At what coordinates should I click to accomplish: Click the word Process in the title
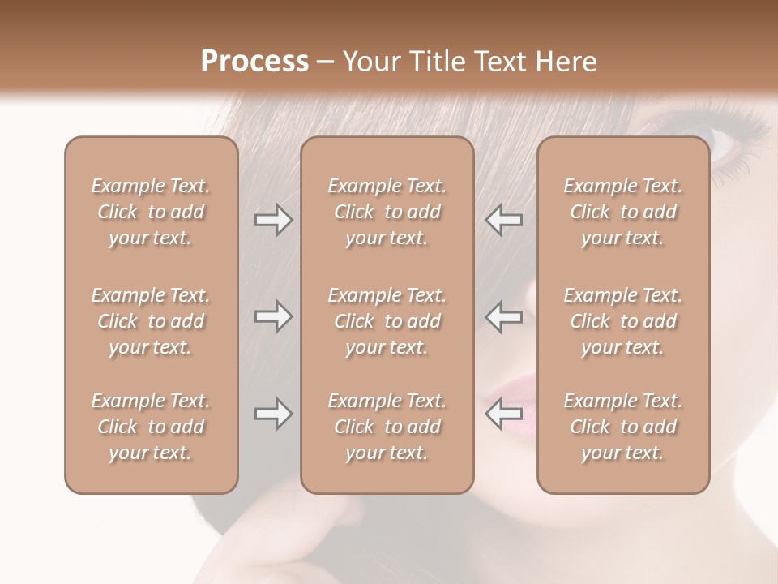pyautogui.click(x=254, y=62)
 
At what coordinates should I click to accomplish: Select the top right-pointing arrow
pyautogui.click(x=273, y=220)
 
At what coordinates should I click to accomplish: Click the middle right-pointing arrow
pyautogui.click(x=273, y=316)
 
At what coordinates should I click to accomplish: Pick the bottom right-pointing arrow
pyautogui.click(x=273, y=414)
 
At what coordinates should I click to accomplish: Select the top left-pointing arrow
pyautogui.click(x=503, y=220)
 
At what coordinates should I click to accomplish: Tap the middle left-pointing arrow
pyautogui.click(x=503, y=316)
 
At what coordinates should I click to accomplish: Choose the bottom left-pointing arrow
pyautogui.click(x=503, y=414)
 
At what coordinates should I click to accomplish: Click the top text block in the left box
pyautogui.click(x=151, y=212)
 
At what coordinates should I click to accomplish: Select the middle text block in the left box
pyautogui.click(x=151, y=321)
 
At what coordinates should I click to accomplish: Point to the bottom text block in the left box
pyautogui.click(x=151, y=427)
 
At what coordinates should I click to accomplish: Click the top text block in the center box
pyautogui.click(x=387, y=212)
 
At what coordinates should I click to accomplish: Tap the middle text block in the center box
pyautogui.click(x=387, y=321)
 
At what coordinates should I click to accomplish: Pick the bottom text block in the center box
pyautogui.click(x=387, y=427)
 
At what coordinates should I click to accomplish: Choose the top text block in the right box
pyautogui.click(x=622, y=212)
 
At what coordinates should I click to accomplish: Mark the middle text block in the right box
pyautogui.click(x=622, y=321)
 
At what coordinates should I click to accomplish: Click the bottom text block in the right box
pyautogui.click(x=622, y=427)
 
